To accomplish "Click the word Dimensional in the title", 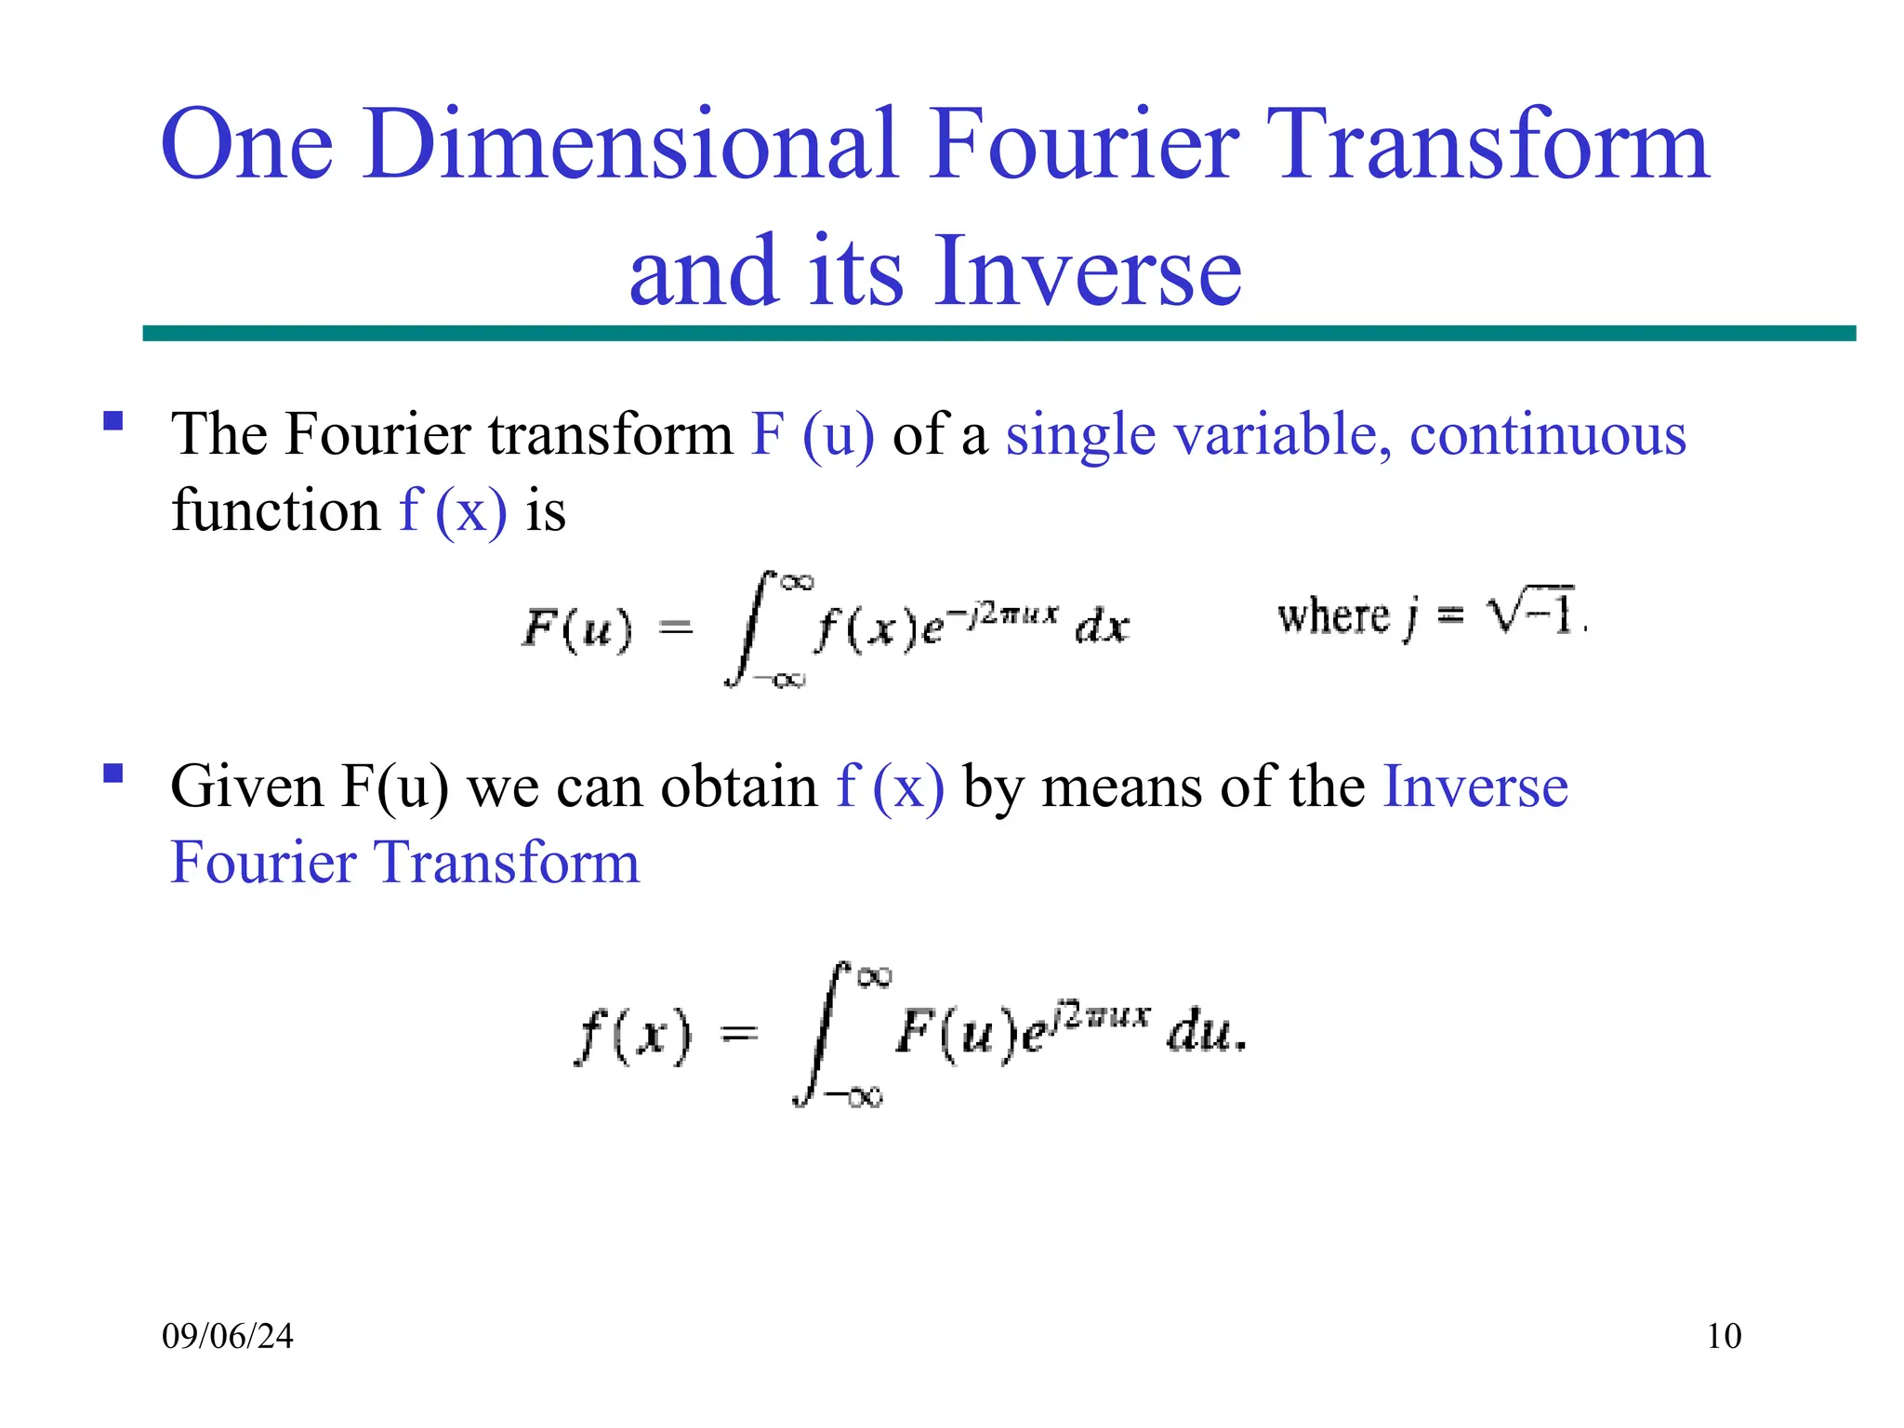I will (631, 144).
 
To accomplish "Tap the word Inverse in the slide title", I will (1088, 271).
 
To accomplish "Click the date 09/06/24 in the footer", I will (228, 1336).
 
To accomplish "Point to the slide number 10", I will (1724, 1336).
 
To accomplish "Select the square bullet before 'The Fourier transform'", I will (113, 421).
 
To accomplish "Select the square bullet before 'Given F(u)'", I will (113, 773).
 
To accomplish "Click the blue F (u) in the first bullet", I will (813, 434).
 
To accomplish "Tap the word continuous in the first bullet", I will (1547, 434).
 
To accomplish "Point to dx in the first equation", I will (1102, 628).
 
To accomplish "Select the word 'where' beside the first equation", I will (1332, 616).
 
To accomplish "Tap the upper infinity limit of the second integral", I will (874, 976).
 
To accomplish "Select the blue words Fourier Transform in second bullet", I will (405, 862).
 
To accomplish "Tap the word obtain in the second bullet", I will (739, 787).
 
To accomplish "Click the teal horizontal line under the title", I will (998, 333).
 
